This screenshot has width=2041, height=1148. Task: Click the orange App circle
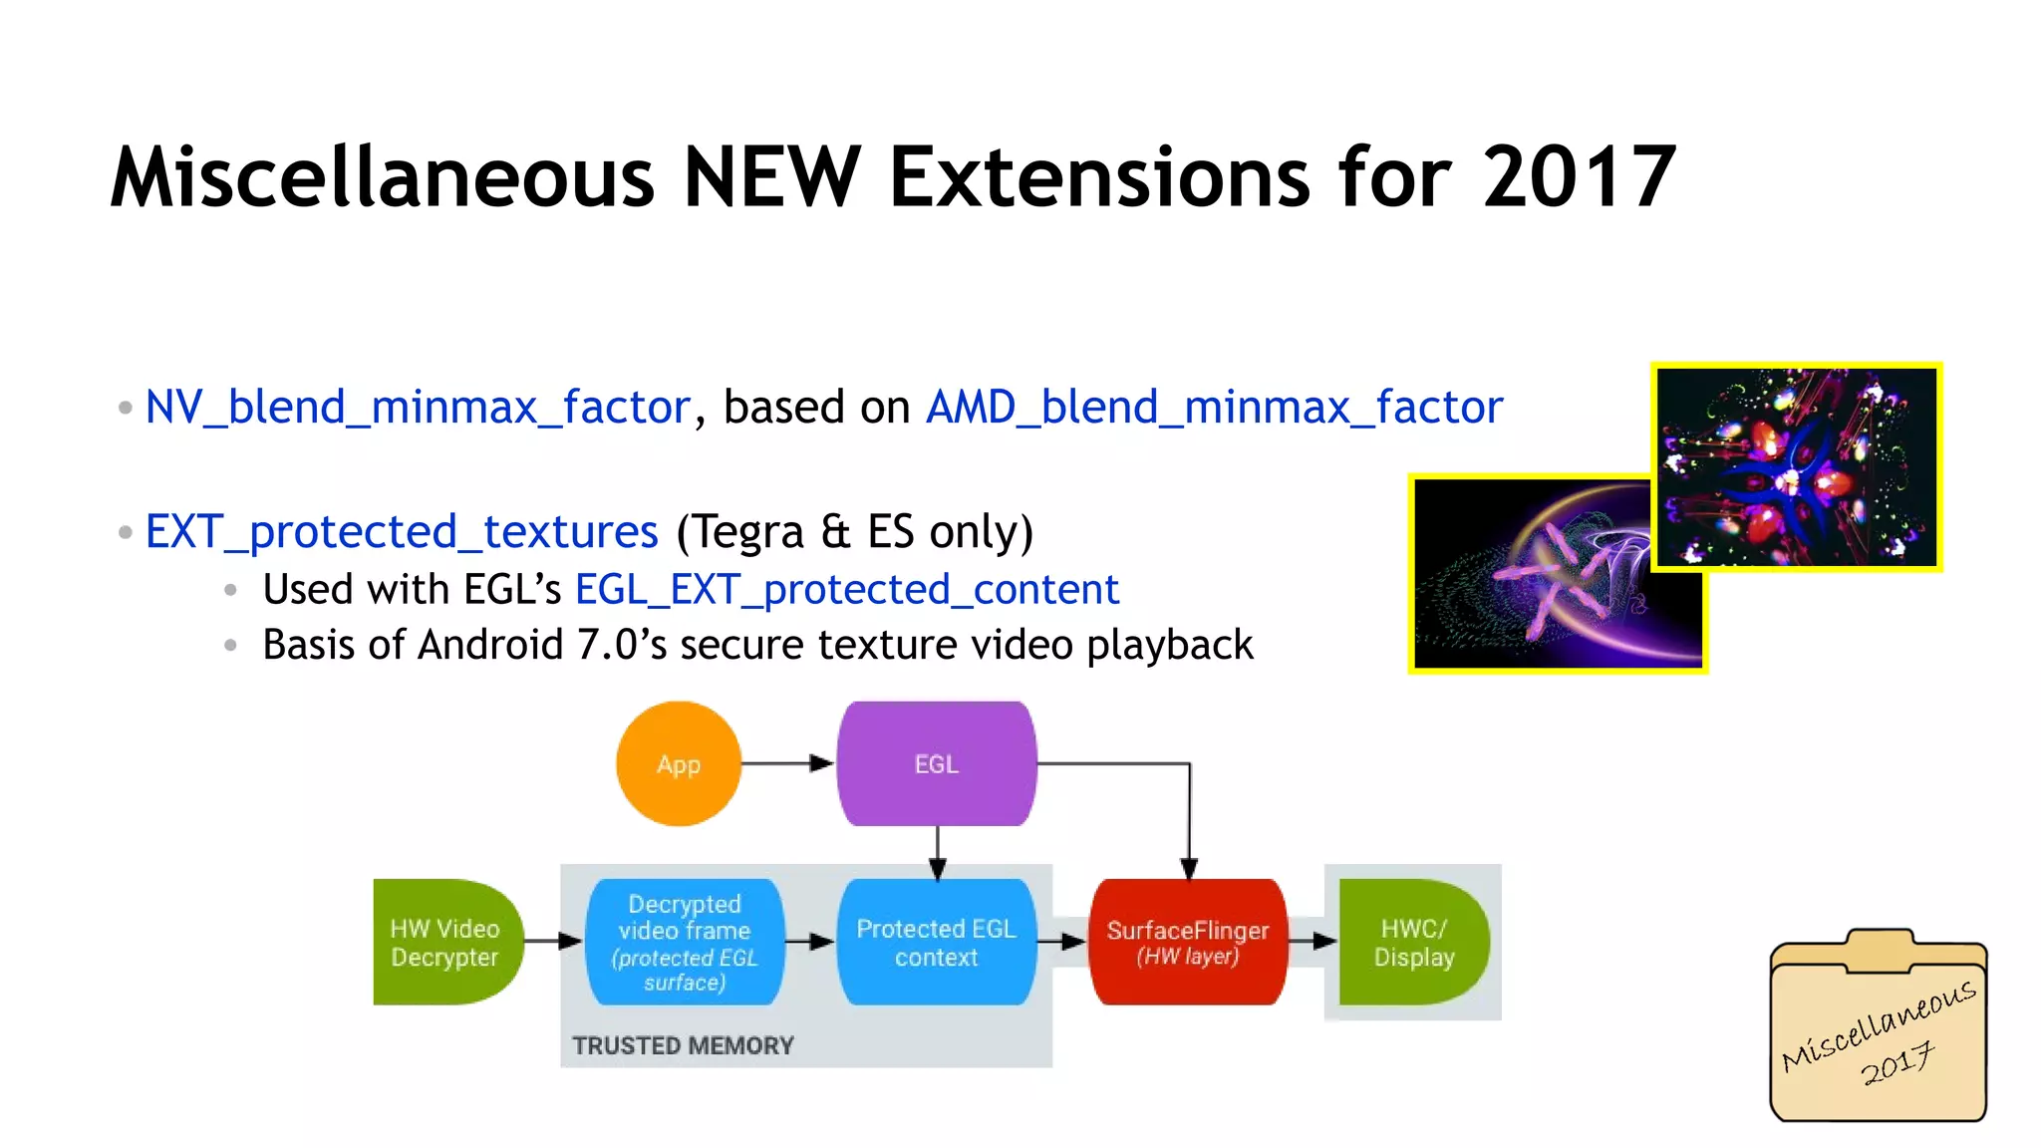[x=679, y=764]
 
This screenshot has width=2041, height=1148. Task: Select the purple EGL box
[x=936, y=764]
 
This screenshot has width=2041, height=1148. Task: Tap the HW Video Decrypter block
[x=445, y=942]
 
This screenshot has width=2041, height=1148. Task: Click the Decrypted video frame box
[x=685, y=942]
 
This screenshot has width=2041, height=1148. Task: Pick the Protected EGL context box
[x=936, y=942]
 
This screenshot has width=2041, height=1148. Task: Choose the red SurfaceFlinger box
[x=1188, y=942]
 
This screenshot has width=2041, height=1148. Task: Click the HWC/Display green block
[x=1413, y=942]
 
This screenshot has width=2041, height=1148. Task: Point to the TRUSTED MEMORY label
[x=683, y=1045]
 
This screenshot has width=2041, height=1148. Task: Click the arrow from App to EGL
[x=787, y=764]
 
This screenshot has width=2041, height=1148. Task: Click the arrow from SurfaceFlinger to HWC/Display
[x=1312, y=941]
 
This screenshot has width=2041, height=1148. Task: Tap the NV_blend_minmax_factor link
[x=418, y=408]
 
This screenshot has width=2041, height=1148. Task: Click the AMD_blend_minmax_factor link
[x=1214, y=408]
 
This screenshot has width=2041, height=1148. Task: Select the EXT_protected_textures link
[x=402, y=532]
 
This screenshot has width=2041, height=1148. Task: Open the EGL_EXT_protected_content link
[x=847, y=590]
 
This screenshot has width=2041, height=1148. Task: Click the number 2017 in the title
[x=1580, y=177]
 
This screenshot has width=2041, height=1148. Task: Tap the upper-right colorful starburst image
[x=1797, y=466]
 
